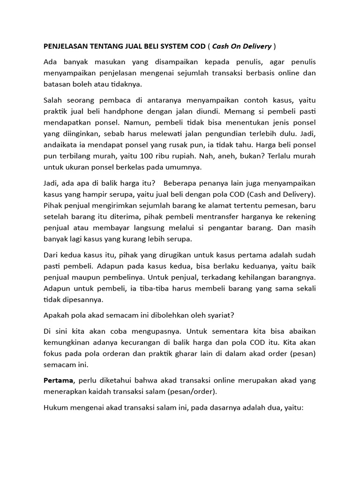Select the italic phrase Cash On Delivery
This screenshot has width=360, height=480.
click(242, 46)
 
